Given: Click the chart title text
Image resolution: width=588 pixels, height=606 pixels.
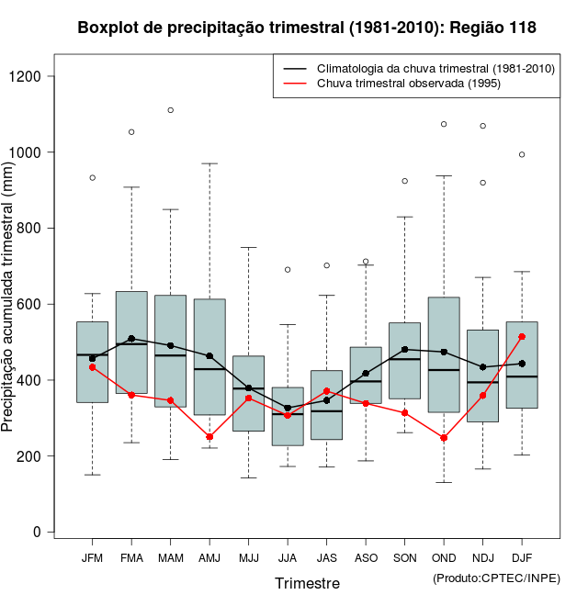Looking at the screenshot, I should pos(307,28).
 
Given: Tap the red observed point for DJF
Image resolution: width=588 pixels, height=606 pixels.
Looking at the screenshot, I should pos(522,336).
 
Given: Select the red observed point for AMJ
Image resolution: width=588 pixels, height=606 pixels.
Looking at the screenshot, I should pos(209,437).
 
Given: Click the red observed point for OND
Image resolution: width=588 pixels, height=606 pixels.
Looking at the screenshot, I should pos(444,438).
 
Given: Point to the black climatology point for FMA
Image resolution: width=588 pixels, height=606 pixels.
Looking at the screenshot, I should pos(131,339).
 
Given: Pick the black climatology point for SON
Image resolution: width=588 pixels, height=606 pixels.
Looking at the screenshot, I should pos(405,349).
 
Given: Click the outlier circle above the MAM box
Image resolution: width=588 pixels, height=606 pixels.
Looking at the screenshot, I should pos(171,110).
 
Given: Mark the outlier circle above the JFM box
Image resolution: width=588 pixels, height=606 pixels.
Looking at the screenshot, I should pos(92,177).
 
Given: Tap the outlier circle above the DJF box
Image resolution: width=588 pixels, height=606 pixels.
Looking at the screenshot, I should pos(522,154).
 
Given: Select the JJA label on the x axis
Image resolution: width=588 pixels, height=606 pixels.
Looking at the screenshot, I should pos(288,557).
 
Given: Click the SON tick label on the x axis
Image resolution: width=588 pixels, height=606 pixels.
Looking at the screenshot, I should pos(405,557).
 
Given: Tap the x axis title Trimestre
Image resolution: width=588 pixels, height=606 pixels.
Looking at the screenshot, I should pos(307,583).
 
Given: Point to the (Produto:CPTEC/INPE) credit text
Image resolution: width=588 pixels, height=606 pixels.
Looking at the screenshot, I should pos(496,578).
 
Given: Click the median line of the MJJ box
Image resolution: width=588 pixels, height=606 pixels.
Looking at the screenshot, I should pos(249,388).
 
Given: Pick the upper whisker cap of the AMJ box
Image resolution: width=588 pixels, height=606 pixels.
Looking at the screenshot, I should pos(209,163).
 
